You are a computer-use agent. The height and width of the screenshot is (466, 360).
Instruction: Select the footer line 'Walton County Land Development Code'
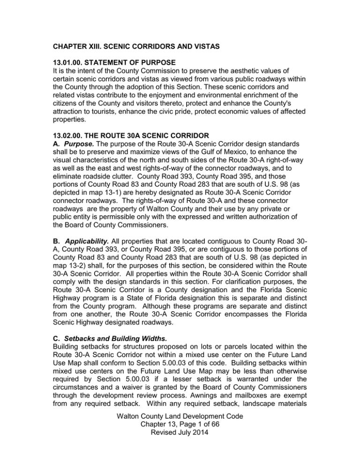(180, 441)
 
